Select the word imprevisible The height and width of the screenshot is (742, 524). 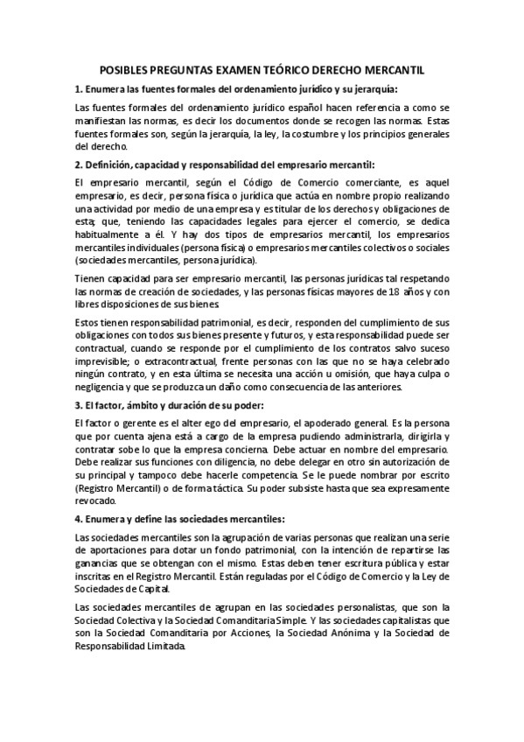pyautogui.click(x=103, y=361)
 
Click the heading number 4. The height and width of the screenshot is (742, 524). pyautogui.click(x=79, y=519)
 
